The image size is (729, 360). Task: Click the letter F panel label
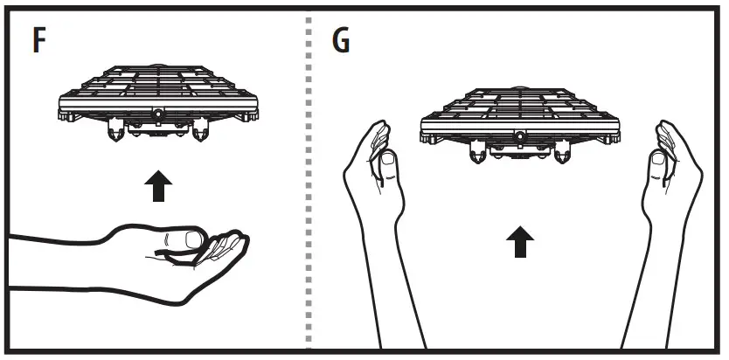pyautogui.click(x=39, y=41)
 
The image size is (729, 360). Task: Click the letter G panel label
pyautogui.click(x=342, y=41)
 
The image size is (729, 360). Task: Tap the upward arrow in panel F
pyautogui.click(x=158, y=186)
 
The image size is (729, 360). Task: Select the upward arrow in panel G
pyautogui.click(x=522, y=242)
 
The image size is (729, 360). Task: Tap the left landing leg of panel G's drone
pyautogui.click(x=476, y=155)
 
